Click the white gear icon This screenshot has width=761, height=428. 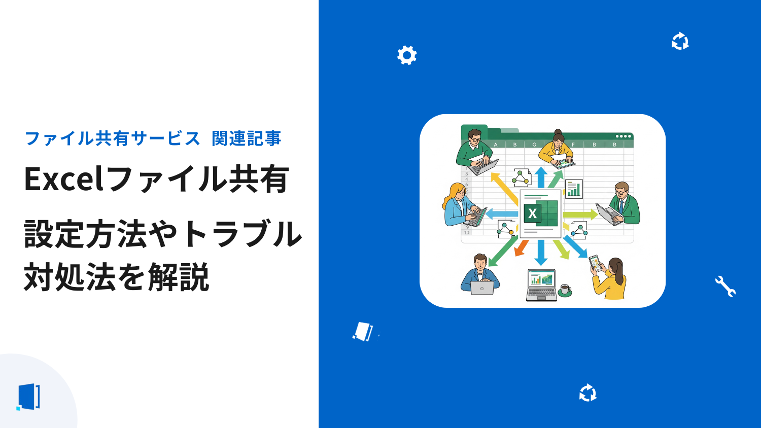pos(407,55)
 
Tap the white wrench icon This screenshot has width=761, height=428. pos(725,286)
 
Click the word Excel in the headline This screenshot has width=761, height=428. pos(63,179)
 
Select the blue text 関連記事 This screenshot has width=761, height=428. pos(247,138)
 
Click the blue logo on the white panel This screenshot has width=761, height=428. pos(28,397)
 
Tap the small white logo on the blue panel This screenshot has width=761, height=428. pos(363,331)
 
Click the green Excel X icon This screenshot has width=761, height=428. pos(532,213)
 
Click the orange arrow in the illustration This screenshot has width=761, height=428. pos(521,248)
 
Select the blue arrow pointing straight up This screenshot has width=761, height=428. pos(541,177)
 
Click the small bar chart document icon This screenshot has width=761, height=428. pos(574,189)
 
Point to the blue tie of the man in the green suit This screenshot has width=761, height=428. pos(621,207)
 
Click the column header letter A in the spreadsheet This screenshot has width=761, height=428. pos(496,145)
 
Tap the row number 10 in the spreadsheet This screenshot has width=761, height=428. pos(466,233)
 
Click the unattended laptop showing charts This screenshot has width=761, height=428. pos(541,285)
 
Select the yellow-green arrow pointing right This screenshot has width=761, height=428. pos(580,215)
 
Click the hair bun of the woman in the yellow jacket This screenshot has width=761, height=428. pos(558,132)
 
